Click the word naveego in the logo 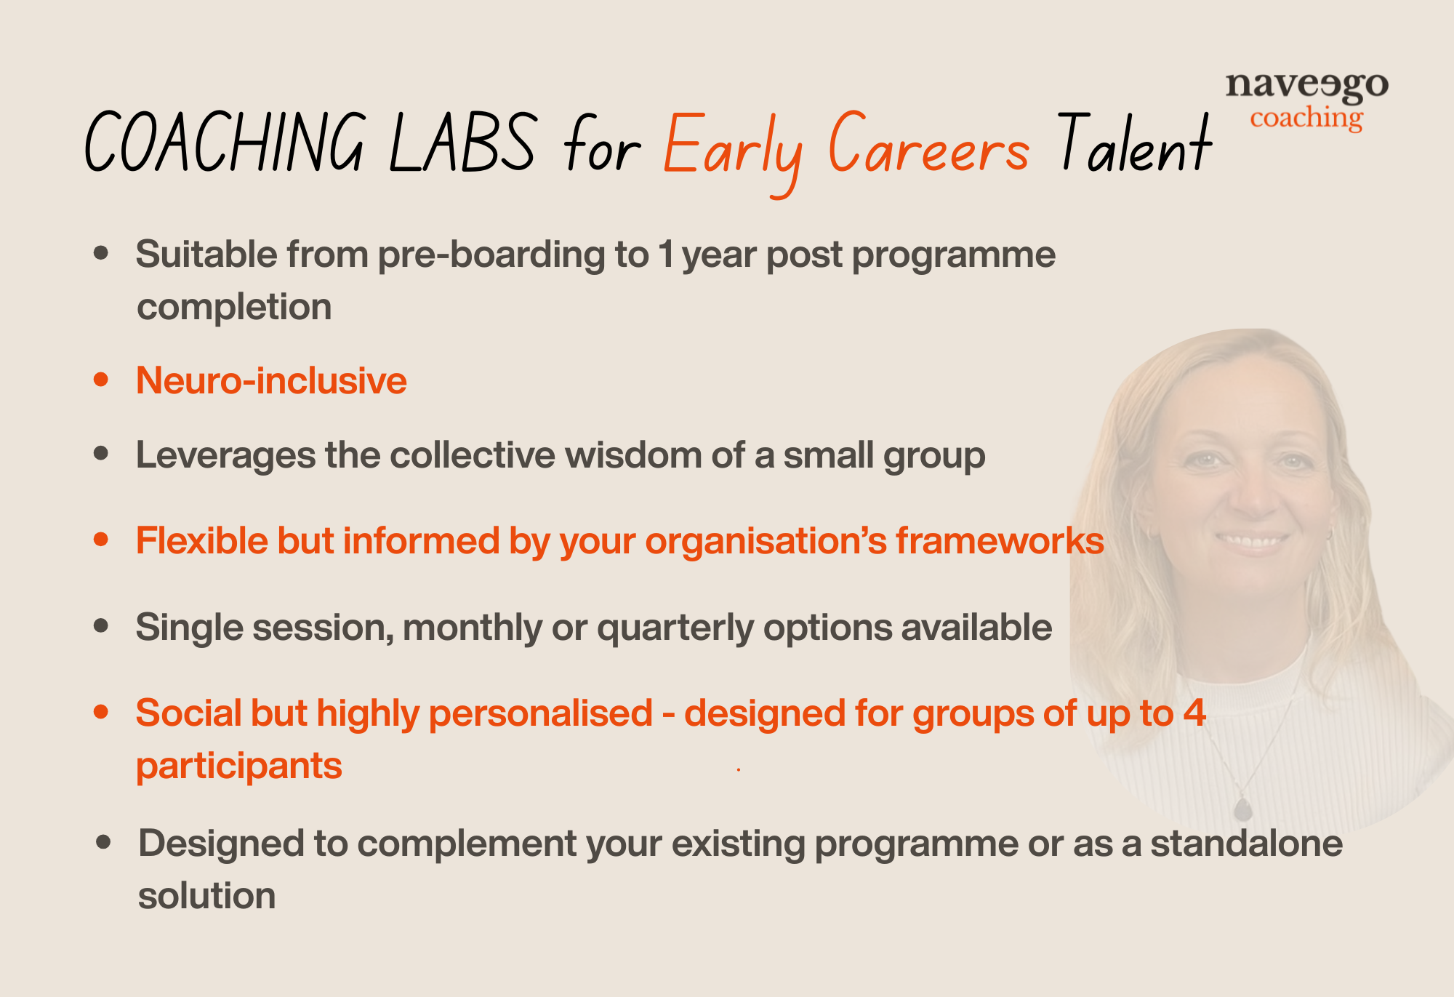[x=1306, y=87]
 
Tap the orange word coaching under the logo [x=1306, y=118]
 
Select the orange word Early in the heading [x=733, y=148]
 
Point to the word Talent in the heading [x=1135, y=144]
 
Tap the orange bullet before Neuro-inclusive [x=101, y=380]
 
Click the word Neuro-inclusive [x=271, y=380]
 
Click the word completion [x=234, y=307]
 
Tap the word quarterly [x=675, y=628]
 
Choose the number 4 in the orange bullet [x=1194, y=713]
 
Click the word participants [x=238, y=766]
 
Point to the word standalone [x=1246, y=844]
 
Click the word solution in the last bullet [x=206, y=896]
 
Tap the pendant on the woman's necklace [x=1243, y=809]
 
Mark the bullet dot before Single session [x=101, y=626]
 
